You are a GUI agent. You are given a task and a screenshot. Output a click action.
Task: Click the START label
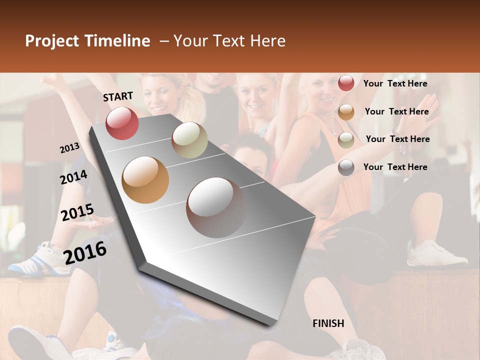coord(118,96)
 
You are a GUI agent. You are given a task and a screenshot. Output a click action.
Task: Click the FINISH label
coord(328,323)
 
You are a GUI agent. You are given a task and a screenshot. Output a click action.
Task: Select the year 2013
coord(69,147)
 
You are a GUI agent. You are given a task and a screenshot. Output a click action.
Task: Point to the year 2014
coord(73,177)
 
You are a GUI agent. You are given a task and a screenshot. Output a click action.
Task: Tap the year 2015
coord(77,212)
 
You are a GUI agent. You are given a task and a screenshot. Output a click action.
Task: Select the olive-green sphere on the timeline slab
coord(189,140)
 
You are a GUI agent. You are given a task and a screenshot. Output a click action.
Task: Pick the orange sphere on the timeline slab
coord(145,180)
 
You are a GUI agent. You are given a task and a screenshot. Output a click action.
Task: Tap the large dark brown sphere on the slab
coord(216,207)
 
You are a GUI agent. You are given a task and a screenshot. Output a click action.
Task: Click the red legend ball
coord(346,83)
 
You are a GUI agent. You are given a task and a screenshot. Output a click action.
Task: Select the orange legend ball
coord(346,112)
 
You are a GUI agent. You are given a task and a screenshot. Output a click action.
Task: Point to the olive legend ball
coord(346,140)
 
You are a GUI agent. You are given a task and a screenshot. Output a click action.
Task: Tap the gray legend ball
coord(346,167)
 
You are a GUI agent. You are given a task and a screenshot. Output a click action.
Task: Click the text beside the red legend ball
coord(395,83)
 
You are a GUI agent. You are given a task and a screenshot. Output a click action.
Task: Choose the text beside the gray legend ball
coord(395,167)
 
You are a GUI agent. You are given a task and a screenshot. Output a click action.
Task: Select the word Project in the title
coord(52,41)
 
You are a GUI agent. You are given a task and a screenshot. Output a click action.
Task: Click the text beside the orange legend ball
coord(396,111)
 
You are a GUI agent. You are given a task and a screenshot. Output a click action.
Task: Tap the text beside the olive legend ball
coord(397,139)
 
